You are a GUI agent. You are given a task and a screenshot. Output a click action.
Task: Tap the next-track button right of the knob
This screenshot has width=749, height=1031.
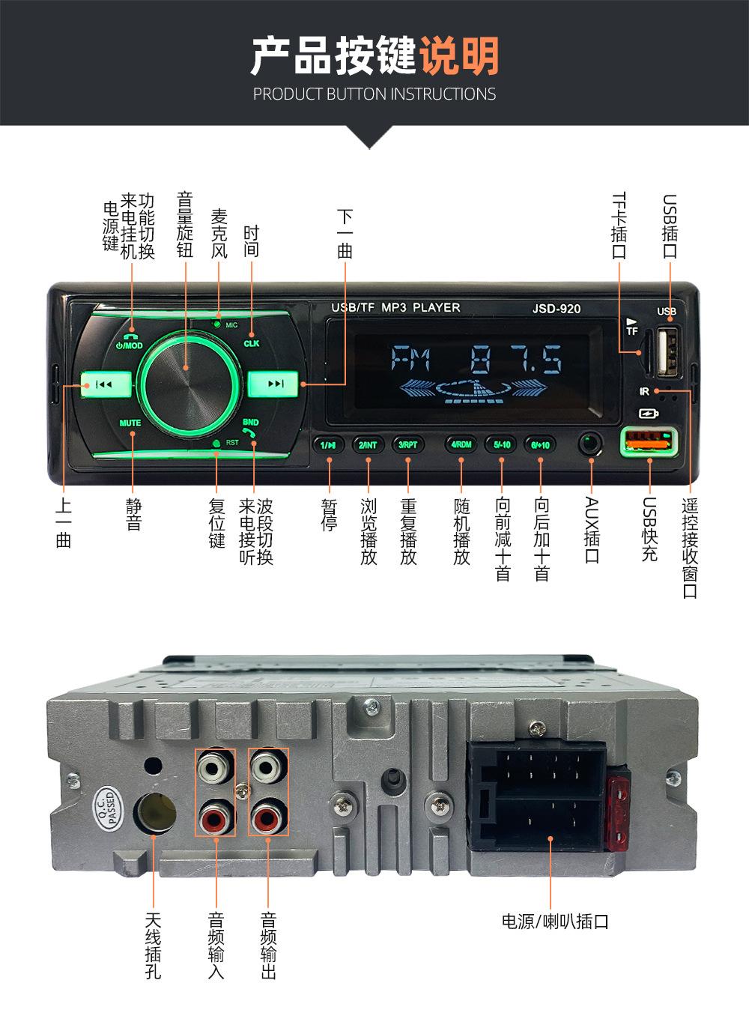(275, 384)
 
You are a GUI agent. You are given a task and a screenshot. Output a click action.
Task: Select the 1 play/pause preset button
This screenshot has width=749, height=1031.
(329, 444)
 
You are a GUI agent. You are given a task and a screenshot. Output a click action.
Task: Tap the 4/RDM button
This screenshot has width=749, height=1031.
(461, 444)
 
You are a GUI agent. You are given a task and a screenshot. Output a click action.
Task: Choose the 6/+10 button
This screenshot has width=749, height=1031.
(539, 444)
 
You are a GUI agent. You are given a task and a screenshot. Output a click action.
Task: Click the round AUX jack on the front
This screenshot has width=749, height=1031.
(591, 443)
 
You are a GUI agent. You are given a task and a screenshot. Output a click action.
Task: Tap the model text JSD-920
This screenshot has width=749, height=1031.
(557, 309)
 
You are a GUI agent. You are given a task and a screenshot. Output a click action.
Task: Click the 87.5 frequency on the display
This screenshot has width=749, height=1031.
(517, 361)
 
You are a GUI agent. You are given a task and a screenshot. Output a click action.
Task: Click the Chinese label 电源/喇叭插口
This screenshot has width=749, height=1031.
(555, 922)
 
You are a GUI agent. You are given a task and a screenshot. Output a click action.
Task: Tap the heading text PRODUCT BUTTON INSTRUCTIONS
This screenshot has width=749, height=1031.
(374, 94)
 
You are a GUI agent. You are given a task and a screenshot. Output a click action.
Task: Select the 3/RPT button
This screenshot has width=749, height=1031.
(408, 444)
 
